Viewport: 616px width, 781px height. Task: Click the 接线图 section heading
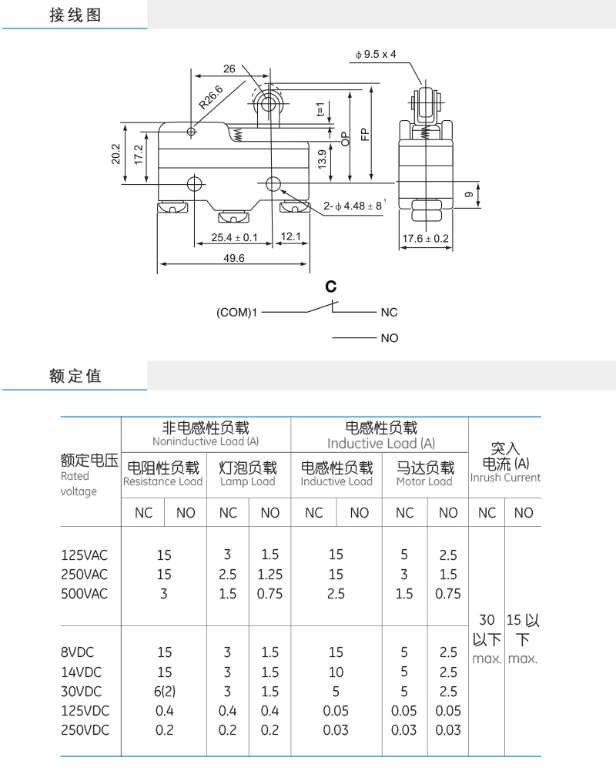pyautogui.click(x=75, y=15)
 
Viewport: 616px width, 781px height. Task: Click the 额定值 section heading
pyautogui.click(x=75, y=376)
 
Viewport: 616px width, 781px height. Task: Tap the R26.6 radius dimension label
pyautogui.click(x=211, y=98)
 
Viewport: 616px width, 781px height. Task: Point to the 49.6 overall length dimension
pyautogui.click(x=234, y=258)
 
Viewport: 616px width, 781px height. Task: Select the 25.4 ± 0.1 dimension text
pyautogui.click(x=234, y=237)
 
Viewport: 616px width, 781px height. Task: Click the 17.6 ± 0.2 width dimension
pyautogui.click(x=426, y=239)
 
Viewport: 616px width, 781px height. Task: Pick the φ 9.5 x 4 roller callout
pyautogui.click(x=376, y=54)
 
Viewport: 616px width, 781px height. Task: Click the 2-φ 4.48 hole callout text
pyautogui.click(x=354, y=205)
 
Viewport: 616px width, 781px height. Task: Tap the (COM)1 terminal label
pyautogui.click(x=236, y=312)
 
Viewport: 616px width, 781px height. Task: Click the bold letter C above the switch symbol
pyautogui.click(x=330, y=287)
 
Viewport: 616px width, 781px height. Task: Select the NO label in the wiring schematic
pyautogui.click(x=390, y=338)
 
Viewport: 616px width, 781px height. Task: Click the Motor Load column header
pyautogui.click(x=425, y=481)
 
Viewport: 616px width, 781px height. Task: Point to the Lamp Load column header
pyautogui.click(x=247, y=481)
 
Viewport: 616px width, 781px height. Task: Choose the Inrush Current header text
pyautogui.click(x=505, y=478)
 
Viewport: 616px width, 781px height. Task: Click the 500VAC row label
pyautogui.click(x=84, y=594)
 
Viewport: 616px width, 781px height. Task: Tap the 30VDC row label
pyautogui.click(x=81, y=692)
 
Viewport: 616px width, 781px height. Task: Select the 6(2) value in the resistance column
pyautogui.click(x=165, y=692)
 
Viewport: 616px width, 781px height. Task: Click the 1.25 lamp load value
pyautogui.click(x=270, y=575)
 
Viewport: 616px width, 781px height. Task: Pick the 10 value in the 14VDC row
pyautogui.click(x=336, y=672)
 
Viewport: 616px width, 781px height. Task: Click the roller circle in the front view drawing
pyautogui.click(x=269, y=104)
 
